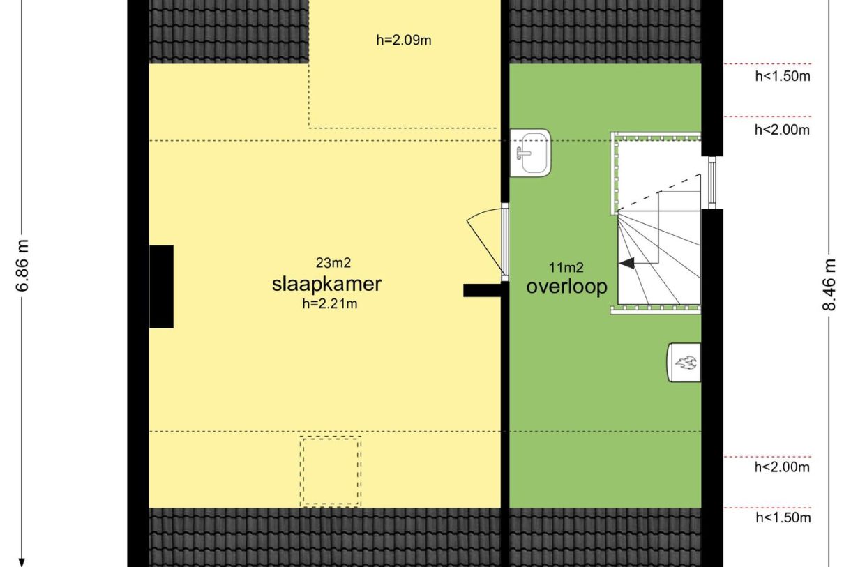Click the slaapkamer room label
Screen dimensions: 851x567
coord(326,285)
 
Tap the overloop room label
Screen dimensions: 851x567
coord(566,287)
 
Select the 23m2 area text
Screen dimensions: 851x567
coord(333,263)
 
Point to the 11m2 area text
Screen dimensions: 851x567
coord(566,268)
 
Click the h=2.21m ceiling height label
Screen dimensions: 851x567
coord(330,304)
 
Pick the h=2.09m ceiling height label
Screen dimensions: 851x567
coord(404,40)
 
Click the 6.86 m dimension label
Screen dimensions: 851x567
coord(22,266)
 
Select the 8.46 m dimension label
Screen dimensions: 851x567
coord(829,285)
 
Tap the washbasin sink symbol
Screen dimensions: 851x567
coord(530,153)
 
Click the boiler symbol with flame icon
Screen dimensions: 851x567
coord(684,362)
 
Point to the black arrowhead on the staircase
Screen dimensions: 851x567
coord(627,263)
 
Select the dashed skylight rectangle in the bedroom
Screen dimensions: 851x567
coord(331,471)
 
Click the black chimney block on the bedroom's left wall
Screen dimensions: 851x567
coord(161,287)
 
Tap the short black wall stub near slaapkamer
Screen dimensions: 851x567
coord(482,291)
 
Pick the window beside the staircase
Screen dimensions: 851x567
coord(712,183)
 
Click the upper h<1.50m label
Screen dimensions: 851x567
coord(783,76)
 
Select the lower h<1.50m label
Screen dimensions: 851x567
coord(783,517)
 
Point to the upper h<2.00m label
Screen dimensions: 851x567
coord(782,130)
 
